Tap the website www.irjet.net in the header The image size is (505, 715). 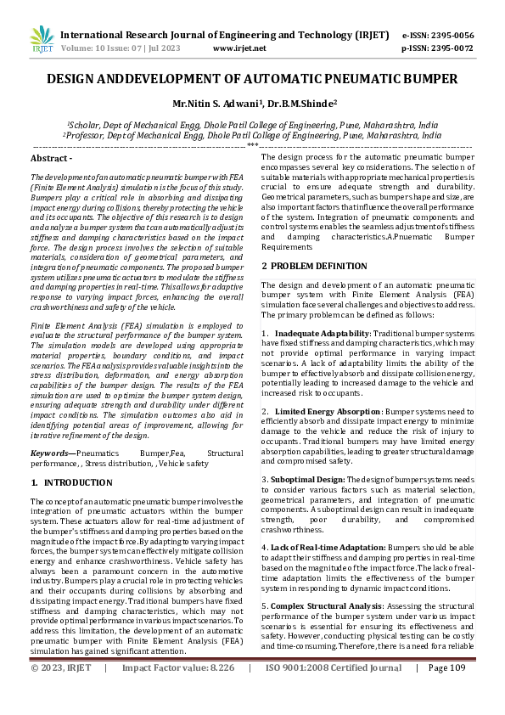[x=239, y=48]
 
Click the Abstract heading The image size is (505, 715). [x=51, y=159]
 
